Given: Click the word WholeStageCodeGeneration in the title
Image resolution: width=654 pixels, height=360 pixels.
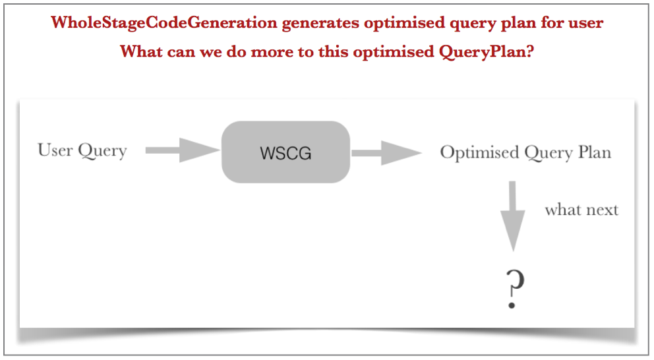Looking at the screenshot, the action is click(x=164, y=22).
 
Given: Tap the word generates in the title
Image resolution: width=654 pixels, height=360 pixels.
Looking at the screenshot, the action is click(x=320, y=24).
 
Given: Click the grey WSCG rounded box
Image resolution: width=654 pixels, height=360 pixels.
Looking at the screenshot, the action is click(x=285, y=152).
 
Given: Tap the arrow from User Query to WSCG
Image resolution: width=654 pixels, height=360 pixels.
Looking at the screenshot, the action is click(x=183, y=150).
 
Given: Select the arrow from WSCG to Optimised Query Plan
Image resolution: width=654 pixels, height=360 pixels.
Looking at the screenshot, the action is click(x=386, y=153).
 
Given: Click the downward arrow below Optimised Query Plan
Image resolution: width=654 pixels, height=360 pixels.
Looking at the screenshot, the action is click(x=513, y=216).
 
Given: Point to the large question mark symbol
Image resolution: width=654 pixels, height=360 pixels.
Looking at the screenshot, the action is click(x=514, y=289).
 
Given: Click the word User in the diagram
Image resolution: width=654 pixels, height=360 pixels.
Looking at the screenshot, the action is click(x=55, y=150).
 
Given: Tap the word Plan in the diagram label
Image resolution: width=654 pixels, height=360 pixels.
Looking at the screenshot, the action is click(x=595, y=152).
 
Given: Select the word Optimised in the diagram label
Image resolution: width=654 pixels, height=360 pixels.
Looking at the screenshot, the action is click(x=479, y=152).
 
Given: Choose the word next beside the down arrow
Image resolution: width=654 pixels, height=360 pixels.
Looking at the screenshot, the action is click(x=600, y=210).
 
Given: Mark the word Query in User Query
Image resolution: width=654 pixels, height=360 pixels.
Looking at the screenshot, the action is click(x=102, y=151).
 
